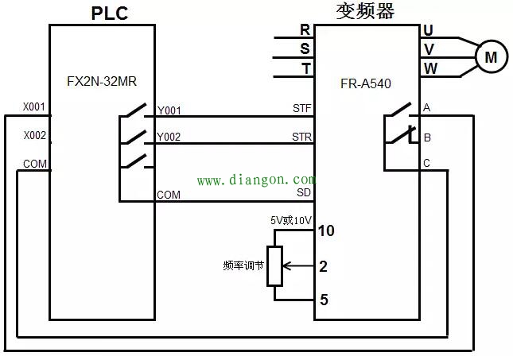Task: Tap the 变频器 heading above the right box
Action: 365,11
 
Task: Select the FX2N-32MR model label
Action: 101,80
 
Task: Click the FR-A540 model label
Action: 365,83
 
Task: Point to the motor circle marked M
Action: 491,56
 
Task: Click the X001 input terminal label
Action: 33,106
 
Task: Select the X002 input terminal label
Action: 33,136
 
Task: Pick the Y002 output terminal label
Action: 169,137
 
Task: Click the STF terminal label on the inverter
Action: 301,107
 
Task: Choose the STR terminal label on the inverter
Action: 301,137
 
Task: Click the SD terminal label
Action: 304,192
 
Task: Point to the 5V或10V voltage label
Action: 290,219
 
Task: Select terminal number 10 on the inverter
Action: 326,231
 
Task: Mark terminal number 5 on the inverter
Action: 324,300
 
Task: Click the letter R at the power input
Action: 305,30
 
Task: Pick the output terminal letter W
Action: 429,68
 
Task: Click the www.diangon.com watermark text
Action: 255,180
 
